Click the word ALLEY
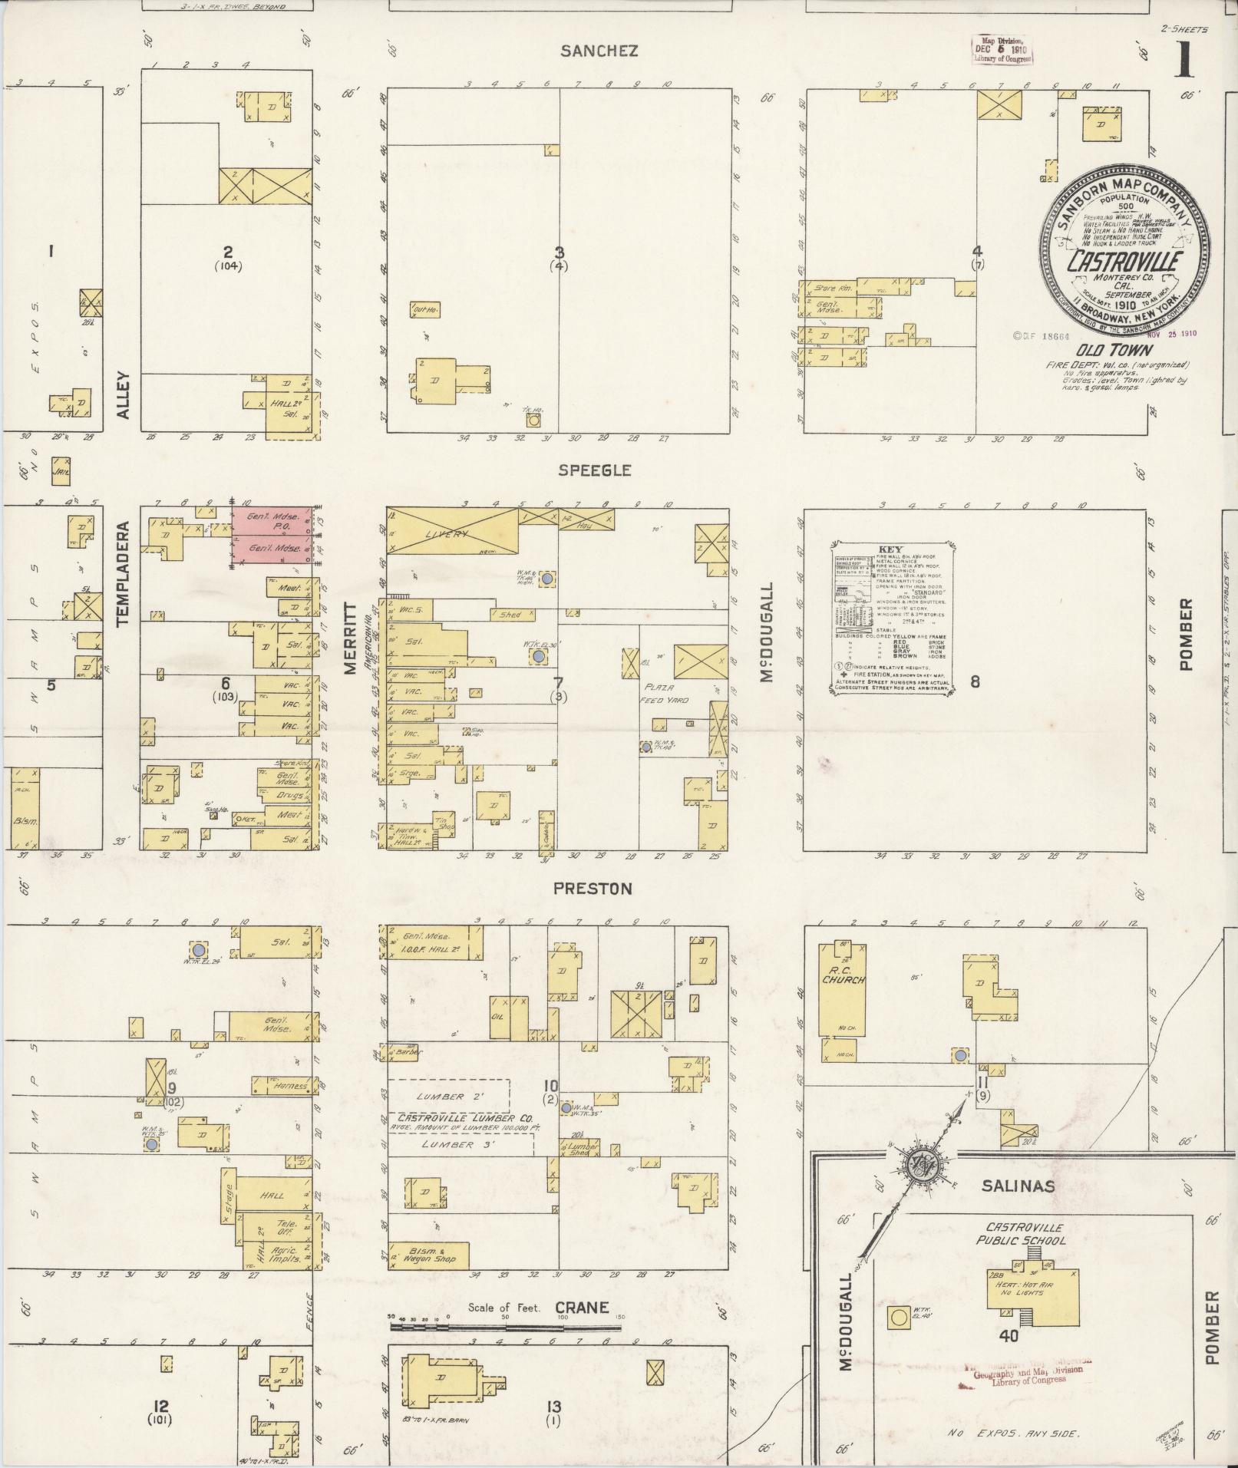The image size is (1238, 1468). [124, 396]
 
